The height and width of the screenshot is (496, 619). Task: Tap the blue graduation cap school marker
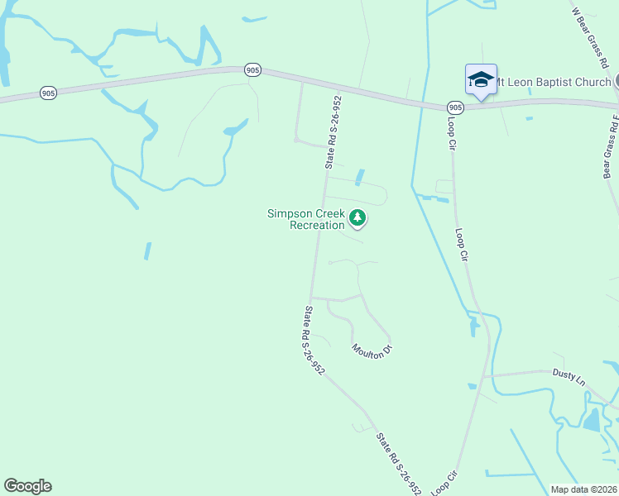point(481,79)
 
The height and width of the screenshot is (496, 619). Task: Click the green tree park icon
point(357,218)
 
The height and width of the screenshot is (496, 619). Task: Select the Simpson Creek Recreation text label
point(305,219)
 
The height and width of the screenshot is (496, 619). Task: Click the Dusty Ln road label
point(569,377)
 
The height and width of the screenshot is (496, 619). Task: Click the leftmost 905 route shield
point(48,93)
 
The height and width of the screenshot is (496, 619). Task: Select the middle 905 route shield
point(253,71)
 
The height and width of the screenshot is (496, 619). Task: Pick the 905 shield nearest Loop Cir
point(455,107)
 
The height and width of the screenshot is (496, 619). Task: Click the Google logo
point(27,486)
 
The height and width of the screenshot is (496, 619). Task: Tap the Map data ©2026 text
point(584,489)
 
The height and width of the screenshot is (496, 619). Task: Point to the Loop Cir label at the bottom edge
point(442,484)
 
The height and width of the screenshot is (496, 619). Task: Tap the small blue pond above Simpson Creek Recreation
point(359,177)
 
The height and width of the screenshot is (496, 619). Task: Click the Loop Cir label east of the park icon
point(462,246)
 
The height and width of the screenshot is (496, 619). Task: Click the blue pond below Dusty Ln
point(592,421)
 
